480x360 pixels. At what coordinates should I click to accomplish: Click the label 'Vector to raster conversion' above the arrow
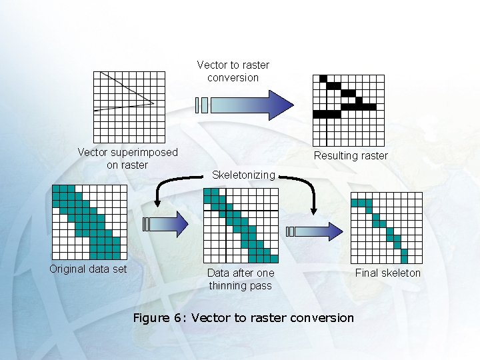pos(233,71)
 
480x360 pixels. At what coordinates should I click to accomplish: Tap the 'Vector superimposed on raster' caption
pos(127,158)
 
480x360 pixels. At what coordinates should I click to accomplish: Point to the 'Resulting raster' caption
pos(351,155)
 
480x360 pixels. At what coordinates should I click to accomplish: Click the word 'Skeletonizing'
pos(243,175)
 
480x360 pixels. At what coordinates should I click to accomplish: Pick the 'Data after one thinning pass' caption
pos(241,279)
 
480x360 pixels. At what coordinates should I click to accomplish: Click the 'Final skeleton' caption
pos(388,273)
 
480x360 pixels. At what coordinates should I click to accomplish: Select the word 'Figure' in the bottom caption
pos(151,317)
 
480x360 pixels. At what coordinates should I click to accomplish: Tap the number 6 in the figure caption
pos(178,317)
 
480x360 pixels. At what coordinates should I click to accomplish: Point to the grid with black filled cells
pos(349,110)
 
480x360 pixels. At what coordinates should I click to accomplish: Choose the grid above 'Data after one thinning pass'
pos(241,225)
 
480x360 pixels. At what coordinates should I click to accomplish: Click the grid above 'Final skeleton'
pos(387,227)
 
